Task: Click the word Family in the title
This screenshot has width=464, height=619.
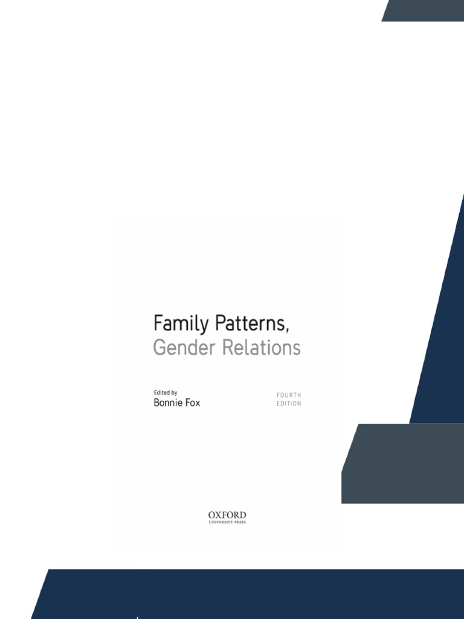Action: tap(175, 325)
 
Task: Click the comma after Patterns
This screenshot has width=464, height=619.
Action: tap(288, 330)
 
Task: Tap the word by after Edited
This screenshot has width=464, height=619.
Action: tap(174, 393)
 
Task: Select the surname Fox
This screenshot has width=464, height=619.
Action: tap(192, 403)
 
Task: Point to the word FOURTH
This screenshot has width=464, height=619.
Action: tap(289, 395)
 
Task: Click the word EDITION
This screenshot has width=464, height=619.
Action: tap(289, 404)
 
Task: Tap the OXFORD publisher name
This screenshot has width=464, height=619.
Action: tap(227, 515)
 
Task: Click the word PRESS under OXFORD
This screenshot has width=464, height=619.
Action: tap(240, 522)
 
